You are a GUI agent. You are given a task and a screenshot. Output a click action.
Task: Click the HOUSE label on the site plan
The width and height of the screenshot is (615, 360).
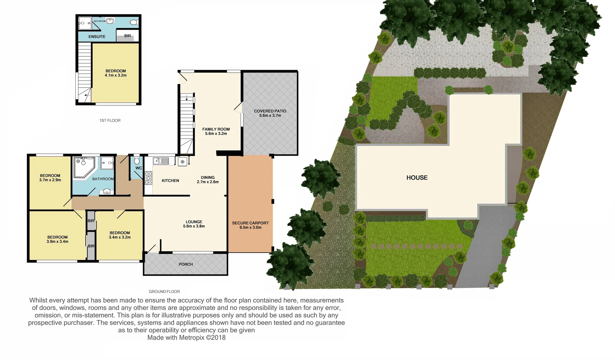tap(417, 178)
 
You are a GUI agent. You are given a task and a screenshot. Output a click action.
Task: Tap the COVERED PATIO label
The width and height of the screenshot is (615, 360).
tap(270, 111)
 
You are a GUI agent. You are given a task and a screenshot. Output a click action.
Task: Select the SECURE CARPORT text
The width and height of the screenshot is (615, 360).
tap(250, 223)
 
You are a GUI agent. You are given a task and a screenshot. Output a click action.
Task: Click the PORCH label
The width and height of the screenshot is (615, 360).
tap(186, 264)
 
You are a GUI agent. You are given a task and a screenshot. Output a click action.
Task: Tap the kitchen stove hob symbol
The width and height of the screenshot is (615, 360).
tap(148, 178)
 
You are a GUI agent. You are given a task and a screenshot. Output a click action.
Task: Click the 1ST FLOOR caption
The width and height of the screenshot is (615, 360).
tap(110, 120)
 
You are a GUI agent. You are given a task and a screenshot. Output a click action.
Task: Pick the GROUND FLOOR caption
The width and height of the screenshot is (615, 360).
tap(164, 291)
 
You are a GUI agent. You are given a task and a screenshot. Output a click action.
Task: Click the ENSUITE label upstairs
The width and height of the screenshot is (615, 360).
tap(97, 37)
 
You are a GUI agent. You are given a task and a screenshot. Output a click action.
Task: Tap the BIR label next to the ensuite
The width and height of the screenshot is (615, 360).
tap(127, 36)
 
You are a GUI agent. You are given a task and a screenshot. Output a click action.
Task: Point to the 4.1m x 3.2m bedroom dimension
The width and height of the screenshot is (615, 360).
tap(115, 75)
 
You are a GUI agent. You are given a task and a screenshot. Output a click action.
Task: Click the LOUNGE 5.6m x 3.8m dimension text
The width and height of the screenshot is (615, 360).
tap(194, 226)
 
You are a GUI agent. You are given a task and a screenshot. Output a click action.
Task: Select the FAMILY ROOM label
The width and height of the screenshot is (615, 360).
tap(216, 129)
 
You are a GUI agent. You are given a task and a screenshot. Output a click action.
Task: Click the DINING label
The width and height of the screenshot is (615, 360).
tap(207, 177)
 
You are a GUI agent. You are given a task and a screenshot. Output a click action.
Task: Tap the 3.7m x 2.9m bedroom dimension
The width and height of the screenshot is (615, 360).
tap(50, 180)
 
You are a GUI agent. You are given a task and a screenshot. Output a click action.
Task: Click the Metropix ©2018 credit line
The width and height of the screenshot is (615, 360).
tap(186, 337)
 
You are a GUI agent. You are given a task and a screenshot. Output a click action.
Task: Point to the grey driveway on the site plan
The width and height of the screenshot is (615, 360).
tap(480, 253)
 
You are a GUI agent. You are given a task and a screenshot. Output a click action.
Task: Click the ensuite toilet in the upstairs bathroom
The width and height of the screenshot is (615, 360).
tap(134, 22)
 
